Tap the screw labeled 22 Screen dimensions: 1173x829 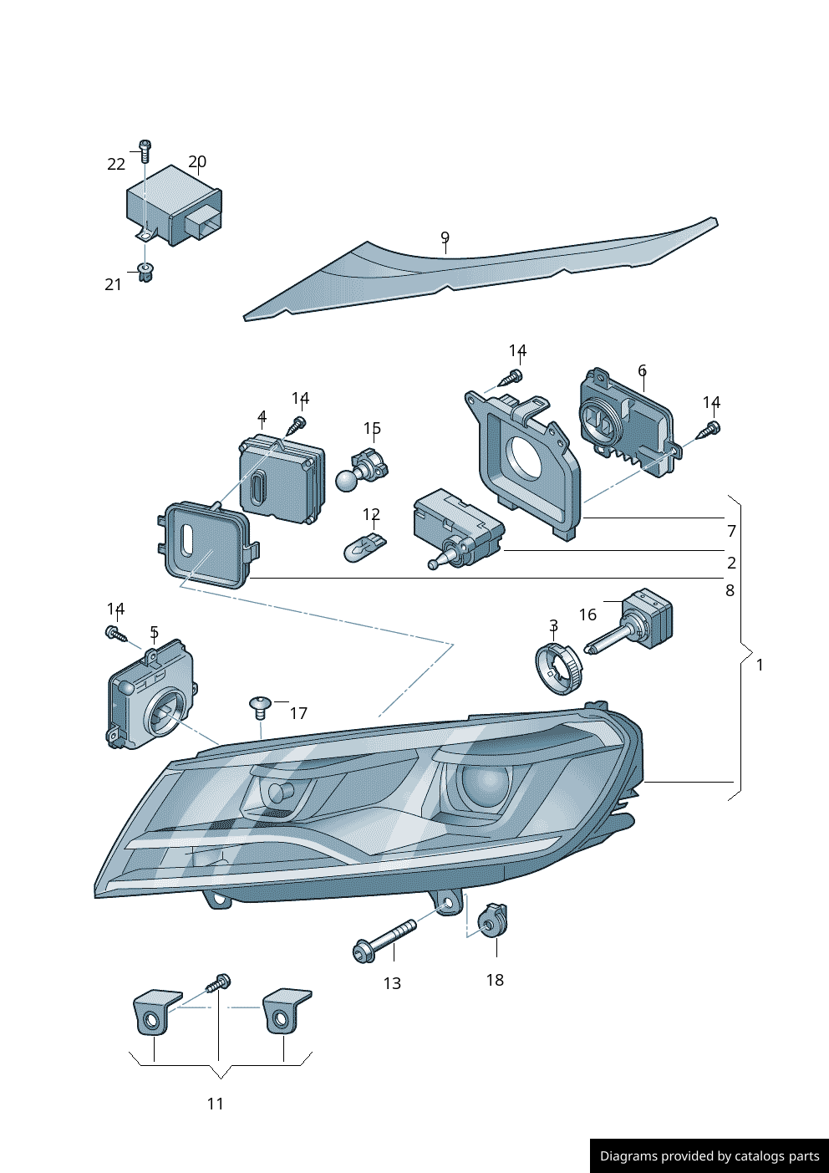coord(145,150)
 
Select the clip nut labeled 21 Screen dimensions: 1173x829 coord(145,272)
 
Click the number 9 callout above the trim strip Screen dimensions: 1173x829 coord(445,238)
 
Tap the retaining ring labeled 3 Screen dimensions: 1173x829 coord(557,667)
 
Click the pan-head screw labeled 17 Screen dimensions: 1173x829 coord(260,707)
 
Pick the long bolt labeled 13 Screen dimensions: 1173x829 coord(384,941)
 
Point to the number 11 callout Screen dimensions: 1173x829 coord(216,1104)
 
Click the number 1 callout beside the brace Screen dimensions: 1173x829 coord(760,666)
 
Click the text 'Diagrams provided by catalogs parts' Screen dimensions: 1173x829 coord(709,1156)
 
